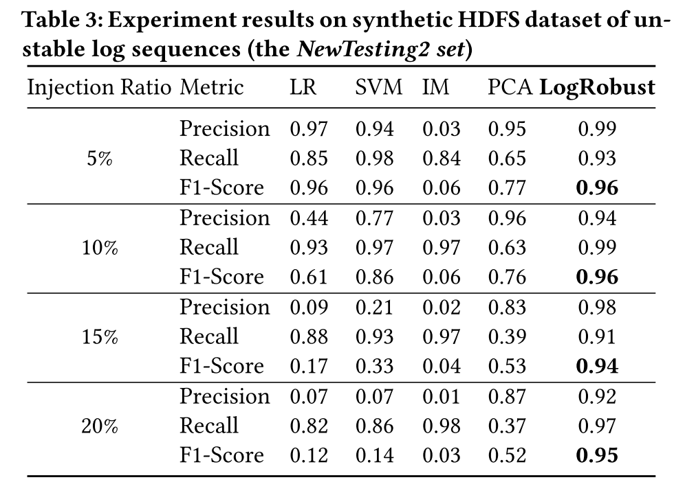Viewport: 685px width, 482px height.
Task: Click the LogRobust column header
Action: [x=596, y=88]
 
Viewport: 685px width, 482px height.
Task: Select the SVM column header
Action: [x=378, y=88]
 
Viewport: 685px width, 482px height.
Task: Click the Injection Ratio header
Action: [x=99, y=88]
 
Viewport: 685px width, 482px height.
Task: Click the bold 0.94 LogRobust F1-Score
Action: [x=597, y=367]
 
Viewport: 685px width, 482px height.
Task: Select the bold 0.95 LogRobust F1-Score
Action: [x=597, y=456]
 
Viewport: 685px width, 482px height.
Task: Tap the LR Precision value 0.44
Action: [x=309, y=218]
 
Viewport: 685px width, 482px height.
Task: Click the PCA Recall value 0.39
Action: [x=507, y=337]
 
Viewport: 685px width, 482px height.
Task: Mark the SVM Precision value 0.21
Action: [x=375, y=308]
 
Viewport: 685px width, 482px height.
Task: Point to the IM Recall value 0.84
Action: [x=441, y=159]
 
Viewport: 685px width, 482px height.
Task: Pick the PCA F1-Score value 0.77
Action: [x=507, y=188]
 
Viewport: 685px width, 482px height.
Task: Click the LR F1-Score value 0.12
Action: [x=309, y=456]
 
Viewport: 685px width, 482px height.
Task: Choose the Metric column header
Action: [x=212, y=88]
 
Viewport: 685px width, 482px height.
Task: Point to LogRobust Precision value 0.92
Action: [x=597, y=397]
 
